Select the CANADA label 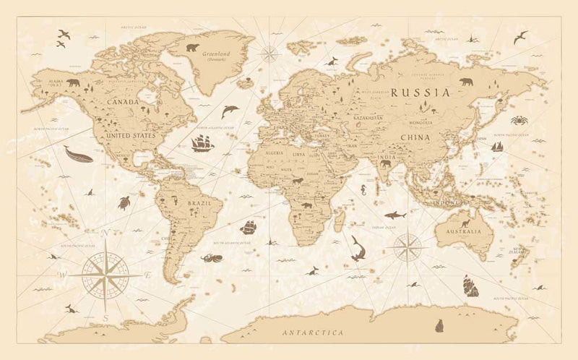coord(122,102)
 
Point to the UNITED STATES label coord(130,135)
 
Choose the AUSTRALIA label coord(463,232)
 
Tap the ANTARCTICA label coord(313,333)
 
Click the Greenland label coord(216,53)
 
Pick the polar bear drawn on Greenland coord(193,48)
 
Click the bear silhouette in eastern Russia coord(466,82)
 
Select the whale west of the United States coord(78,154)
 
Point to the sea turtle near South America coord(124,203)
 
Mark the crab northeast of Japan coord(519,120)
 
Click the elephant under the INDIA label coord(385,164)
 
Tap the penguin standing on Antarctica coord(439,326)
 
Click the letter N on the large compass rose coord(105,233)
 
